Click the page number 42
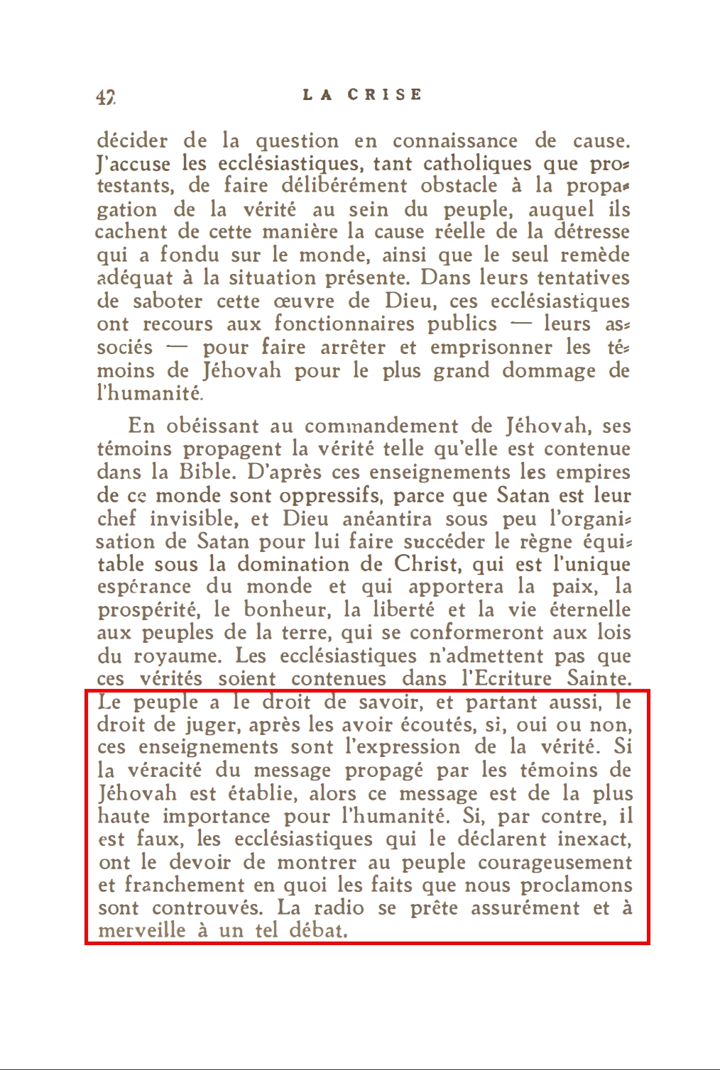(106, 97)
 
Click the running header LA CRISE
(362, 95)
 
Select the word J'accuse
(133, 165)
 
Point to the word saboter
(169, 301)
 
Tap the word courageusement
(555, 864)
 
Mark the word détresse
(589, 232)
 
